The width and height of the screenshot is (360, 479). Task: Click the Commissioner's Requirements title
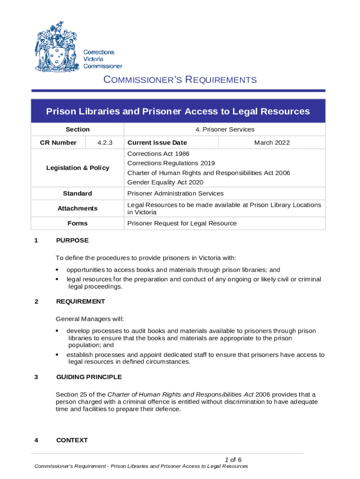click(180, 80)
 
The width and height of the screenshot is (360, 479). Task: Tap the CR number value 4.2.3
click(105, 143)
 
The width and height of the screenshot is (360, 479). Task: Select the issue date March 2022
click(272, 143)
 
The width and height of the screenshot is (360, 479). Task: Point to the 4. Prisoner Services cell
click(225, 130)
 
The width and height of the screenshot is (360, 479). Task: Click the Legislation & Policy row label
click(78, 168)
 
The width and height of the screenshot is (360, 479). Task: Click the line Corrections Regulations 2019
click(171, 163)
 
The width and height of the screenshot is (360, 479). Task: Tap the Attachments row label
click(78, 208)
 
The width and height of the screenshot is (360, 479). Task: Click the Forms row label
click(78, 224)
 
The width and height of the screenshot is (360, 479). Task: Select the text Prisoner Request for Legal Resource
click(182, 224)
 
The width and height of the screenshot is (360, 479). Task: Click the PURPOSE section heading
click(72, 240)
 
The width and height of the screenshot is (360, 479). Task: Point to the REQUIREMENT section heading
click(80, 302)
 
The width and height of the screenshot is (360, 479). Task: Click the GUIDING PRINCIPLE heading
click(89, 377)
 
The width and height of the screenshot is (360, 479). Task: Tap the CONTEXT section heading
click(72, 440)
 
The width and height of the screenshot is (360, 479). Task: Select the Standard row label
click(78, 194)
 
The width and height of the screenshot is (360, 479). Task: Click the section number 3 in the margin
click(36, 377)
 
